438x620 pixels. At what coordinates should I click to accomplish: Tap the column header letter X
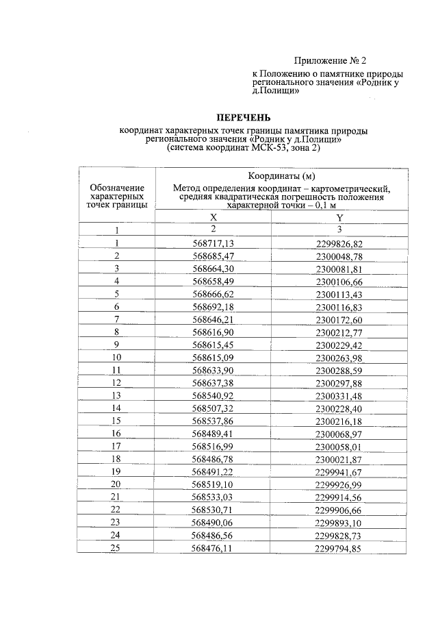tap(213, 217)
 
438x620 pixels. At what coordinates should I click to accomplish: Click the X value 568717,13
tap(213, 243)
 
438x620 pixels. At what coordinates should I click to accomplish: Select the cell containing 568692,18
tap(213, 306)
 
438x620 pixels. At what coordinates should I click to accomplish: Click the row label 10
tap(116, 357)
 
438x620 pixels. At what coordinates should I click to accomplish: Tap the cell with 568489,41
tap(213, 434)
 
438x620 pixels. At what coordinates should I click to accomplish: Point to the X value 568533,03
tap(213, 497)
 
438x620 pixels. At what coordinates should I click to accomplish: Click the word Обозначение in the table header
tap(117, 188)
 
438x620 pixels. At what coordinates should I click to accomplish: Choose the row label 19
tap(116, 471)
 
